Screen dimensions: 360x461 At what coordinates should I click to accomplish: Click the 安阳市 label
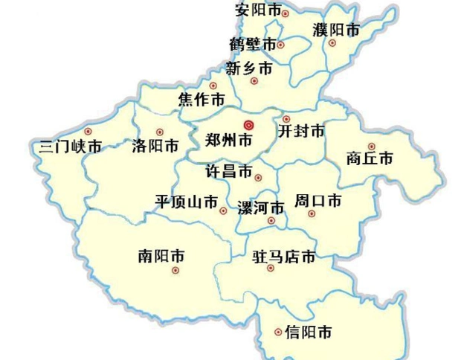click(258, 10)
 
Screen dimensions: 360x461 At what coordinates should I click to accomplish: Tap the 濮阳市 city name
click(336, 30)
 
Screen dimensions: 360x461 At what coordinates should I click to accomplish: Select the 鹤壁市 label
click(253, 44)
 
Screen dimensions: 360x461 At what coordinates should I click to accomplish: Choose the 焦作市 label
click(202, 100)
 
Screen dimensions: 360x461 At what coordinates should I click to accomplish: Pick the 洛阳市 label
click(155, 145)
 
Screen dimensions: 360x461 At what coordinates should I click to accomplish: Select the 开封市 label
click(301, 132)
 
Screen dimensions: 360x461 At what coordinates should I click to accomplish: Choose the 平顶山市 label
click(187, 202)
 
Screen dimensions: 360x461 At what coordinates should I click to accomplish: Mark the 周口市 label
click(318, 201)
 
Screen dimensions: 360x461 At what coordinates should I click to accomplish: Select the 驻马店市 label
click(284, 257)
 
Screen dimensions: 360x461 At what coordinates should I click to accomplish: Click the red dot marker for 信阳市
click(278, 332)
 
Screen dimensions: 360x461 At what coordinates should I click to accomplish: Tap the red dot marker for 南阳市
click(176, 271)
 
